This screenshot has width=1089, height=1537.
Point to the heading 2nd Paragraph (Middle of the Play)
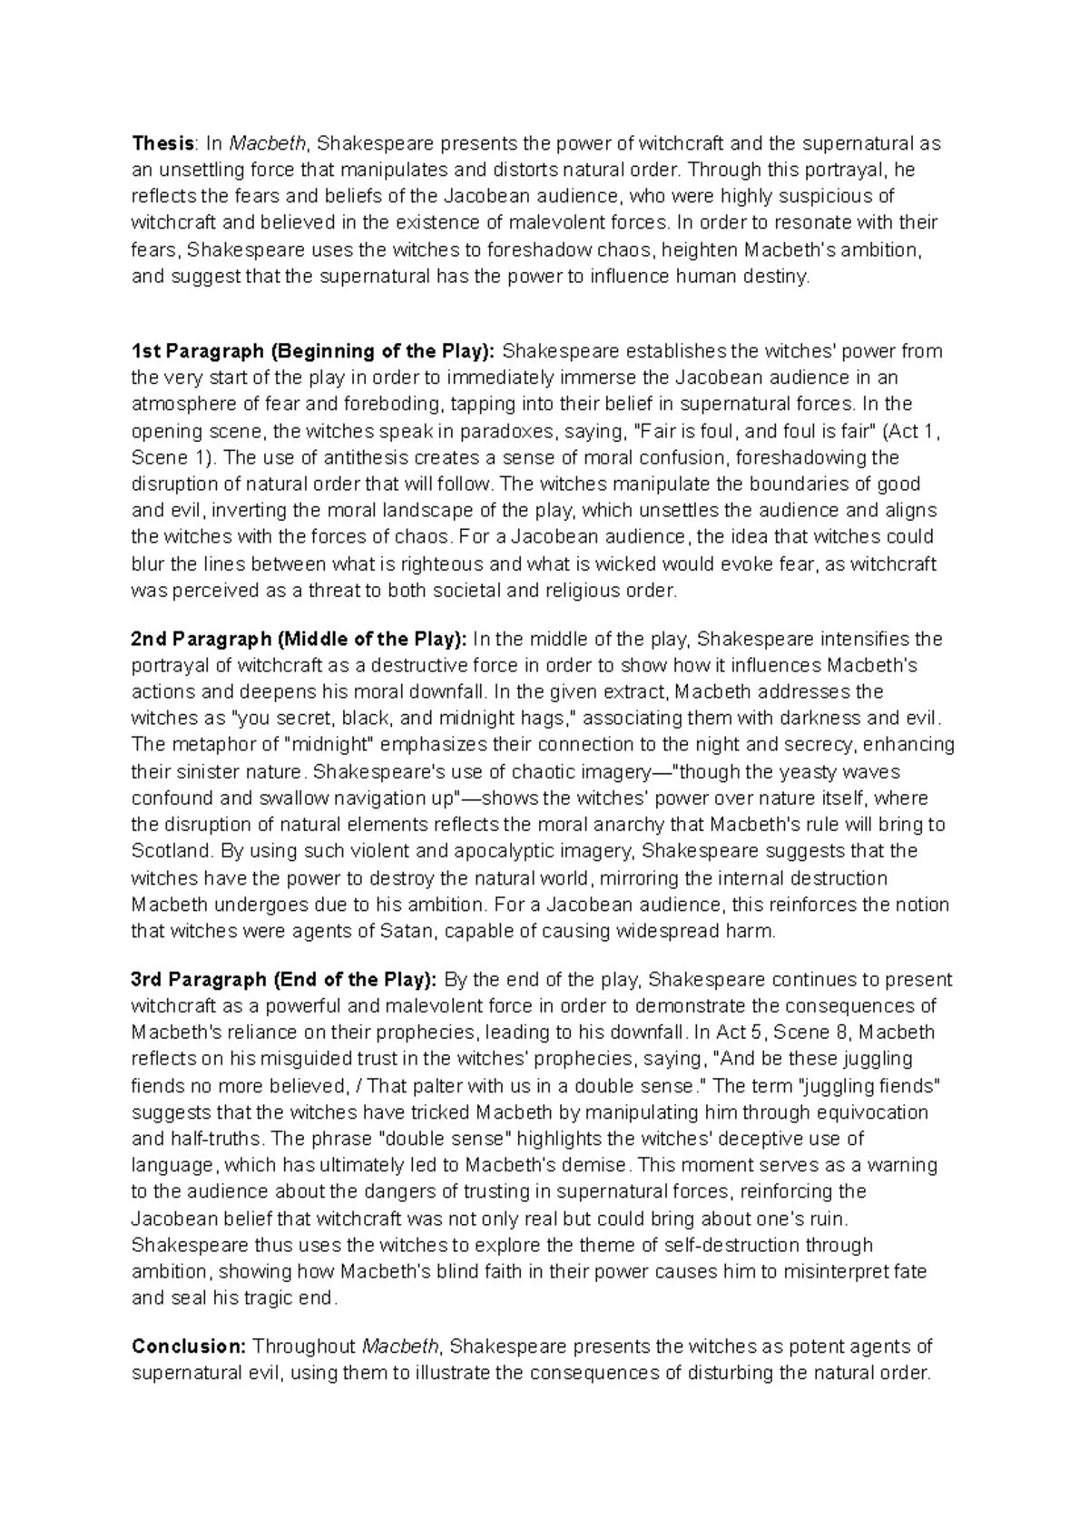[x=299, y=639]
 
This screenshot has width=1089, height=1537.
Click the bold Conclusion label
[x=189, y=1346]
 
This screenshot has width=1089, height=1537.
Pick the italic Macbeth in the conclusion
[x=400, y=1346]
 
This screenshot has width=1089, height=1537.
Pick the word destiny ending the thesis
[x=777, y=277]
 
